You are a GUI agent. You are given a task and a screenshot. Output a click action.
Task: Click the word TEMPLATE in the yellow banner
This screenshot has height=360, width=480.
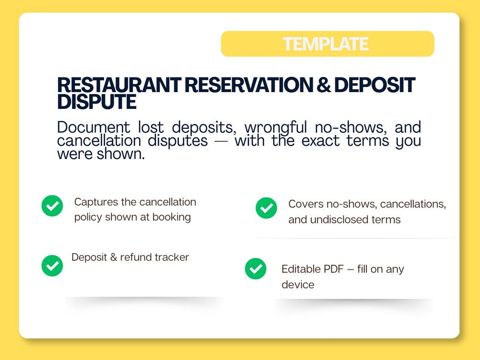(x=325, y=44)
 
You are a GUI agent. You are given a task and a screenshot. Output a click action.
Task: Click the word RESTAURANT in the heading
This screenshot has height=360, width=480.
(x=119, y=85)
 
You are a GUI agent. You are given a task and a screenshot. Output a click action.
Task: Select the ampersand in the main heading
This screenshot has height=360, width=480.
(x=323, y=85)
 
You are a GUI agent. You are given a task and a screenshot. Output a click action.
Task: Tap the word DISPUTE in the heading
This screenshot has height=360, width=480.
(x=97, y=102)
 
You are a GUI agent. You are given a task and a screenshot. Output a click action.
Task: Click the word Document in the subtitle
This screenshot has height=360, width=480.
(x=93, y=127)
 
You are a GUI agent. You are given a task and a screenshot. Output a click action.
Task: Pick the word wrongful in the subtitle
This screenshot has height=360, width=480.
(x=276, y=127)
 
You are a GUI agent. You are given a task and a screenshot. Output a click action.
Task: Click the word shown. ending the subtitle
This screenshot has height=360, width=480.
(x=121, y=154)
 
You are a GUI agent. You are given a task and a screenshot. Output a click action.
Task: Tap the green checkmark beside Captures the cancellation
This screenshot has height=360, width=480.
(x=53, y=206)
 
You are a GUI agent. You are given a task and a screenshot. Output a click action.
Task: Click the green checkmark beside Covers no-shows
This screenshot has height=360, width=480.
(x=267, y=208)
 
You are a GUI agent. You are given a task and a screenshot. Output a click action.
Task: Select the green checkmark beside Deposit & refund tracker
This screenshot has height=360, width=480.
(x=53, y=266)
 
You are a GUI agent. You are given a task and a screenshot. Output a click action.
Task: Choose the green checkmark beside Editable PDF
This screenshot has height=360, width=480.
(x=256, y=269)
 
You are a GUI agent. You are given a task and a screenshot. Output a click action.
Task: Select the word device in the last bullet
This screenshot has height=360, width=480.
(x=298, y=285)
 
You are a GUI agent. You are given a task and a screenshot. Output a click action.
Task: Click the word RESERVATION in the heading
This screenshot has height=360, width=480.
(x=249, y=85)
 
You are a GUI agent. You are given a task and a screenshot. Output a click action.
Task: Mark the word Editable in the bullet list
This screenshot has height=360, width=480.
(x=300, y=269)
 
